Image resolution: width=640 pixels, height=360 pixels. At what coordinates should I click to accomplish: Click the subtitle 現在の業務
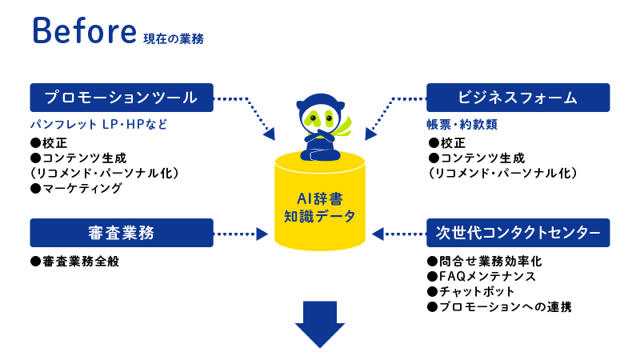[x=174, y=38]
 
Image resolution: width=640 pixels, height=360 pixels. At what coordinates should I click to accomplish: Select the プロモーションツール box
[x=122, y=98]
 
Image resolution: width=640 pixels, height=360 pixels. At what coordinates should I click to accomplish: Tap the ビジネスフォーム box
[x=518, y=98]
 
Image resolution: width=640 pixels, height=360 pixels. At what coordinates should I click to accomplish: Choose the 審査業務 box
[x=122, y=233]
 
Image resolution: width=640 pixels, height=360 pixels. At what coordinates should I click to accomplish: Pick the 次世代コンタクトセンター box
[x=518, y=233]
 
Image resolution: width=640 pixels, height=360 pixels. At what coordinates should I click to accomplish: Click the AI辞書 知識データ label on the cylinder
[x=319, y=206]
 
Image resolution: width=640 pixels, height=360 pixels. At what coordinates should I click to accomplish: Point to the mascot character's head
[x=318, y=111]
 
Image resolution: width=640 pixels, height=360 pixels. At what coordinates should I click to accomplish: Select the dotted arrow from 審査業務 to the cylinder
[x=242, y=234]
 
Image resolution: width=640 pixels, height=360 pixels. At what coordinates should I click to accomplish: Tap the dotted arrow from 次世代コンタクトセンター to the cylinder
[x=398, y=234]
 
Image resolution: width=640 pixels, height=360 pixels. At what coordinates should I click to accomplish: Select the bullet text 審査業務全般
[x=74, y=262]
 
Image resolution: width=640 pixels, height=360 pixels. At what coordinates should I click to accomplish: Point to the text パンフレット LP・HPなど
[x=98, y=126]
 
